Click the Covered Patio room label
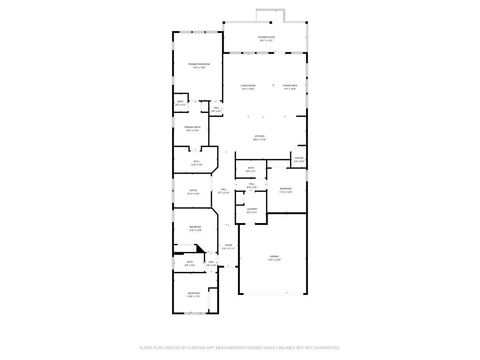(x=266, y=39)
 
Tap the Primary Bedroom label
(x=198, y=65)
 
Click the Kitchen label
(x=259, y=137)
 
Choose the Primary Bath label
(x=192, y=128)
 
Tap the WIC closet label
(x=197, y=162)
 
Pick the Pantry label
(x=299, y=159)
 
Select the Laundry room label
(x=253, y=210)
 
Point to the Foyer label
(x=228, y=246)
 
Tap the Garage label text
(x=274, y=258)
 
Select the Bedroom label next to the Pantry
(x=286, y=189)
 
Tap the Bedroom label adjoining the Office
(x=194, y=229)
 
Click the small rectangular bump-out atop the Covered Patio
(x=266, y=14)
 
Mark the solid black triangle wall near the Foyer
(x=198, y=250)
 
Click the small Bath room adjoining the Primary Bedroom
(x=180, y=103)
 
